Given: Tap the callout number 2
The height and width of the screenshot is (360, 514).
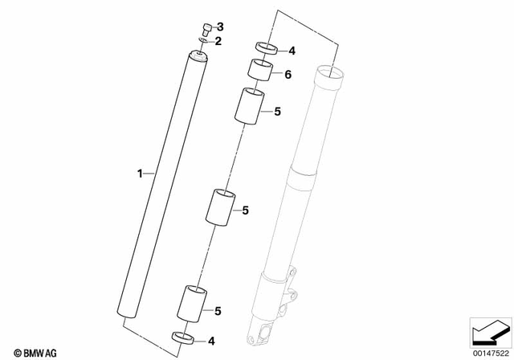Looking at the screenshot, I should [x=217, y=40].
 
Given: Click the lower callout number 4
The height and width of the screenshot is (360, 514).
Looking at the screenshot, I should [x=212, y=341].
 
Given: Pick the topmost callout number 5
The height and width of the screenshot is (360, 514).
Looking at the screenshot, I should [x=276, y=112].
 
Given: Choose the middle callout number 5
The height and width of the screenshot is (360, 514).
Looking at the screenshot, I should [x=246, y=211].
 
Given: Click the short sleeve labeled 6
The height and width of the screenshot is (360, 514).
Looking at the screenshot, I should [x=259, y=71].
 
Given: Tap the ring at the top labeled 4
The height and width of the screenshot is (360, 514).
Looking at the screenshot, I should [x=267, y=48].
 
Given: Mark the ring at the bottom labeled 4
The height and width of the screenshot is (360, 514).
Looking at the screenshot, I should [x=183, y=337].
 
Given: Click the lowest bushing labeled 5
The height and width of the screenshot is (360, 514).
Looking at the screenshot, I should [x=194, y=303].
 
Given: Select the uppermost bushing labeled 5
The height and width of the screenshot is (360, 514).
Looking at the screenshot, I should [x=249, y=106].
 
